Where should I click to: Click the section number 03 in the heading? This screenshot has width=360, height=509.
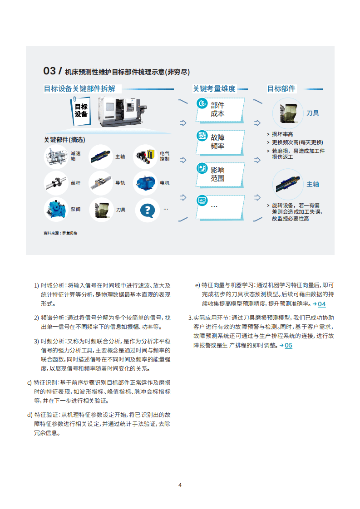tap(49, 71)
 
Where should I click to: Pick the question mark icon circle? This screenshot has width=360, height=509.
tap(147, 210)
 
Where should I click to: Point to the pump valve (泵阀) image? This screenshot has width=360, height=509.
tap(56, 210)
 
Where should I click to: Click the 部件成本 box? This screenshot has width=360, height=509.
tap(221, 109)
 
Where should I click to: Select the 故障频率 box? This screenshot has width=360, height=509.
tap(221, 142)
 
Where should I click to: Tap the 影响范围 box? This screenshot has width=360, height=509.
tap(221, 174)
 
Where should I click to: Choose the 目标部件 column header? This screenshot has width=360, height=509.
tap(281, 89)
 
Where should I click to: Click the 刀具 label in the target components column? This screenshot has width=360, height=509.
tap(313, 113)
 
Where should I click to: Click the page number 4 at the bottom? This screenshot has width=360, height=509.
tap(180, 485)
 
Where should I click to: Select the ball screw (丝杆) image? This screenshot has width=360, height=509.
tap(56, 183)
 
